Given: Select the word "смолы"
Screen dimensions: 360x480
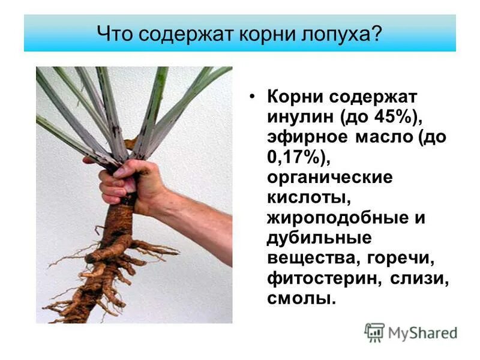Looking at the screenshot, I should (x=301, y=298).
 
